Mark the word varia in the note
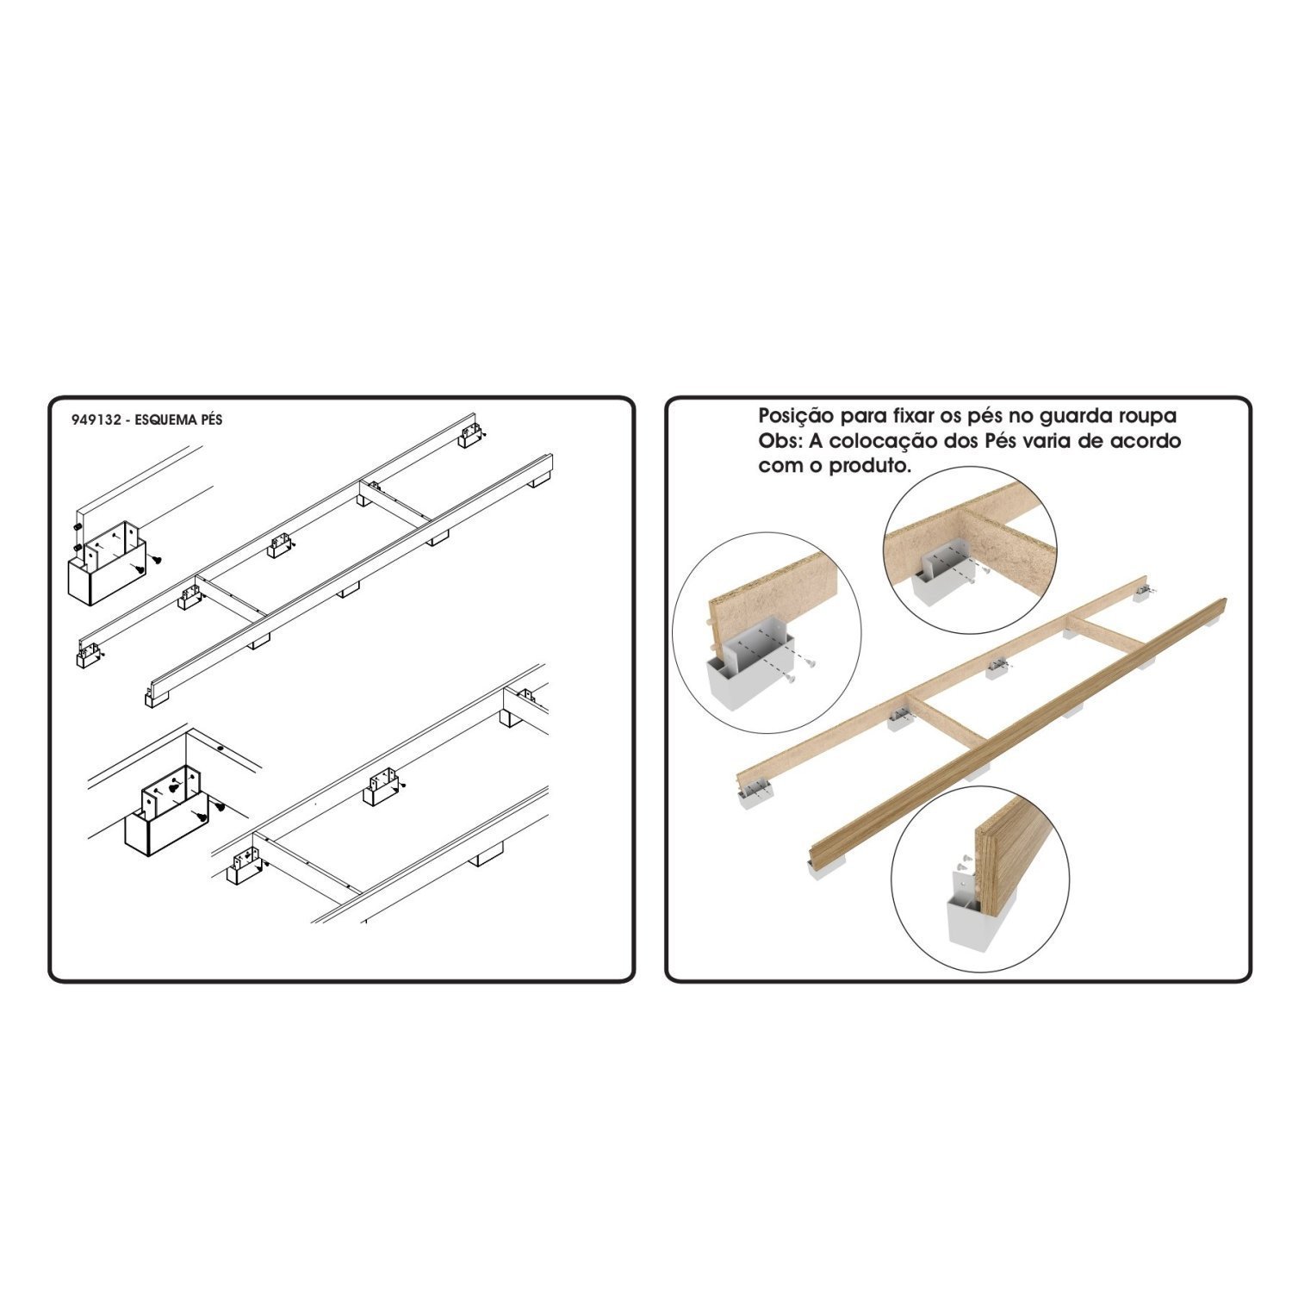click(x=1020, y=442)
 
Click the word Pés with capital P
click(x=967, y=442)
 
